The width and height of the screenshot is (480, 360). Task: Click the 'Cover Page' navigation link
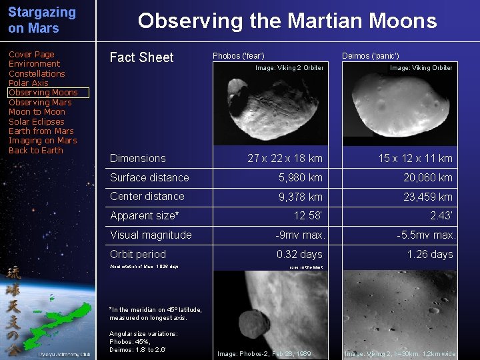pyautogui.click(x=31, y=55)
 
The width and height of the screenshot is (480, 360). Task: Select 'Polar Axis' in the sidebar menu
pyautogui.click(x=29, y=83)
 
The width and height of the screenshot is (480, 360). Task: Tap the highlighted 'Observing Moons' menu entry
pyautogui.click(x=43, y=93)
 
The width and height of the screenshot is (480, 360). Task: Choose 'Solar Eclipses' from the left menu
pyautogui.click(x=37, y=122)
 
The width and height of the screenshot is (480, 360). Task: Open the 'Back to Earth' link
pyautogui.click(x=36, y=151)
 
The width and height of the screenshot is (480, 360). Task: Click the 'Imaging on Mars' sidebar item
pyautogui.click(x=43, y=141)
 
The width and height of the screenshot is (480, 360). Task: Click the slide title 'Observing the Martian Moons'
pyautogui.click(x=287, y=21)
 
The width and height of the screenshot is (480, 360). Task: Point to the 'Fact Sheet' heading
pyautogui.click(x=141, y=57)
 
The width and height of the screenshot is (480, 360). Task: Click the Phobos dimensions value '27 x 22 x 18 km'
pyautogui.click(x=285, y=159)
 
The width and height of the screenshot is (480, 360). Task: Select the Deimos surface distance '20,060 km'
pyautogui.click(x=428, y=177)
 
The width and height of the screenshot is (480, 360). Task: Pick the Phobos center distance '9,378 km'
pyautogui.click(x=301, y=197)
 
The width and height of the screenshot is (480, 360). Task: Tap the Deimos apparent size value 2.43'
pyautogui.click(x=441, y=215)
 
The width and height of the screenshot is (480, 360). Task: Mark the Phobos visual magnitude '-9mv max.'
pyautogui.click(x=301, y=235)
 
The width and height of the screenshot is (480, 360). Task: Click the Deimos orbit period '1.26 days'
pyautogui.click(x=430, y=255)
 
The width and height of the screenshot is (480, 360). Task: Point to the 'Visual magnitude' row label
pyautogui.click(x=151, y=235)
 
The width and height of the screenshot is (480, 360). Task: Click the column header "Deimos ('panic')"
pyautogui.click(x=370, y=56)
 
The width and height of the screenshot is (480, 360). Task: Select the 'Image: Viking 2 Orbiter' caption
pyautogui.click(x=290, y=68)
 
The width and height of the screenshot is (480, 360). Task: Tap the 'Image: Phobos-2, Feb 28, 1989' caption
pyautogui.click(x=264, y=354)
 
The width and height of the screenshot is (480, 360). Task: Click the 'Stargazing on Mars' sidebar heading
pyautogui.click(x=42, y=21)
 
